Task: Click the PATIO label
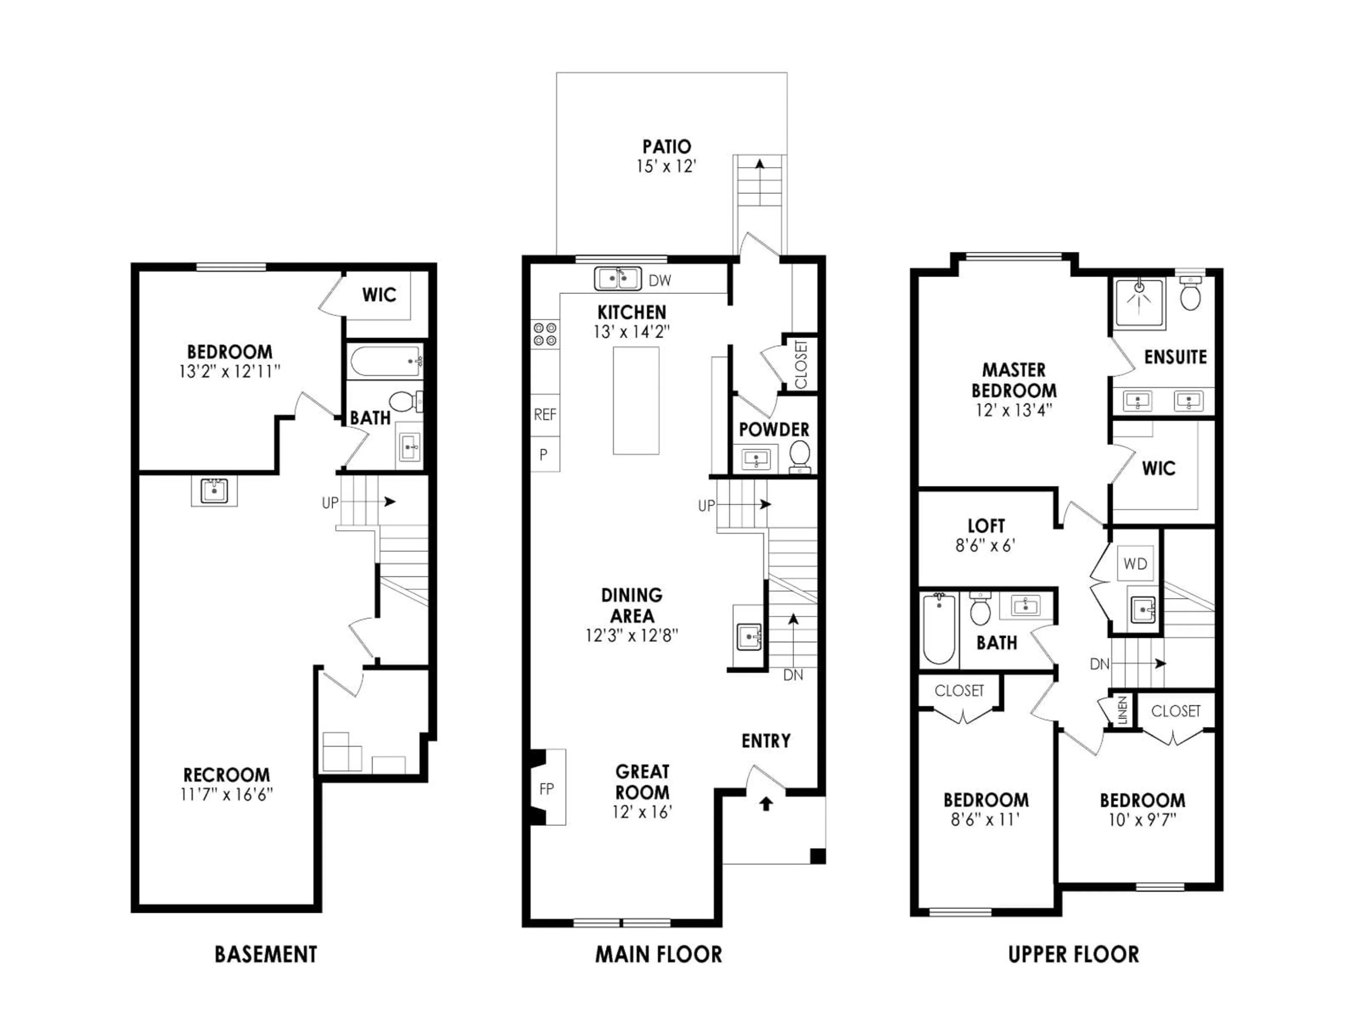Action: [x=667, y=147]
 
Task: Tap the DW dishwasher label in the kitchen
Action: [x=660, y=280]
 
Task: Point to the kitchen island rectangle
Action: [x=636, y=401]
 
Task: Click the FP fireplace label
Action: [x=546, y=789]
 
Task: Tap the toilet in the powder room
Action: [x=799, y=455]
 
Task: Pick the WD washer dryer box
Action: [x=1135, y=563]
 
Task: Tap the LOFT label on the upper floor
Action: [x=986, y=526]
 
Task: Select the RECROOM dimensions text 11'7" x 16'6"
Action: [x=227, y=795]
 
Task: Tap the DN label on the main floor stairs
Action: [x=793, y=675]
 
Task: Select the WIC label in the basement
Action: [x=379, y=295]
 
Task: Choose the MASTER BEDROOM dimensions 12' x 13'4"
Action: [x=1014, y=410]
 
